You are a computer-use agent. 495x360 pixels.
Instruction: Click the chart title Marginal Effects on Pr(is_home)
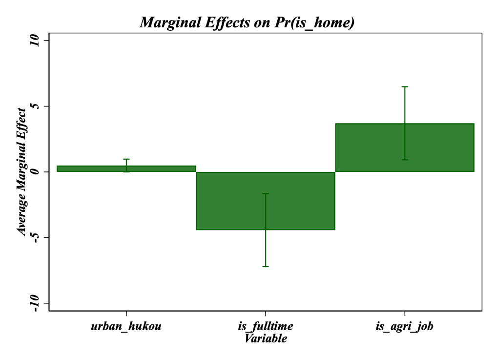247,22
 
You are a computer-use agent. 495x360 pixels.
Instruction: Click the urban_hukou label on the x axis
126,326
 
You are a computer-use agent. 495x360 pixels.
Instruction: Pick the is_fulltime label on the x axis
266,326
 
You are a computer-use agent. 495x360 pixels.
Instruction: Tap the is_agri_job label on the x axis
405,326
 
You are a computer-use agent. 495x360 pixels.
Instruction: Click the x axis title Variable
266,338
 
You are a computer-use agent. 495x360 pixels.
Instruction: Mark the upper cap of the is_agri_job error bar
405,86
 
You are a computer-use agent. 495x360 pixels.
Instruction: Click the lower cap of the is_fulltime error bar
266,266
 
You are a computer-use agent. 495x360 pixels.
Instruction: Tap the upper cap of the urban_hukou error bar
126,159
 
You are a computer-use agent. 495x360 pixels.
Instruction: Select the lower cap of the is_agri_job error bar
405,160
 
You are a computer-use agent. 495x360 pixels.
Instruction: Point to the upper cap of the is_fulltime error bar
266,194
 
